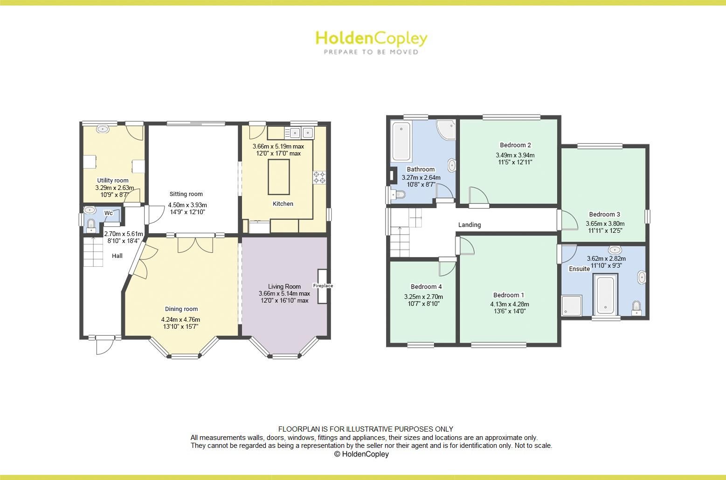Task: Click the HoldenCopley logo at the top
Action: (371, 38)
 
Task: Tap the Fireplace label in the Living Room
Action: (323, 286)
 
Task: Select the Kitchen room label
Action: (283, 204)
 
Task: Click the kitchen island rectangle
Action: (278, 177)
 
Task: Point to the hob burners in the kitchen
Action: (319, 177)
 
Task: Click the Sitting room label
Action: (186, 194)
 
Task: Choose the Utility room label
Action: (113, 181)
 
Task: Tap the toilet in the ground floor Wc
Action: (91, 226)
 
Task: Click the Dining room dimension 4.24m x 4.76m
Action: (180, 319)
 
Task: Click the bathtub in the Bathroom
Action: (401, 141)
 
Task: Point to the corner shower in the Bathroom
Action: (446, 129)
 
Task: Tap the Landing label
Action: (470, 225)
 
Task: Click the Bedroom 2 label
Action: (515, 145)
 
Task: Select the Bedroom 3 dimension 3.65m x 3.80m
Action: (605, 223)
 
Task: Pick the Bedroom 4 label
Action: (426, 287)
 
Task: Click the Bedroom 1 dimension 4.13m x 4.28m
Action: (509, 304)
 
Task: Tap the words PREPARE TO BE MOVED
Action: (371, 52)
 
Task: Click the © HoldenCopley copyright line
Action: (361, 454)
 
